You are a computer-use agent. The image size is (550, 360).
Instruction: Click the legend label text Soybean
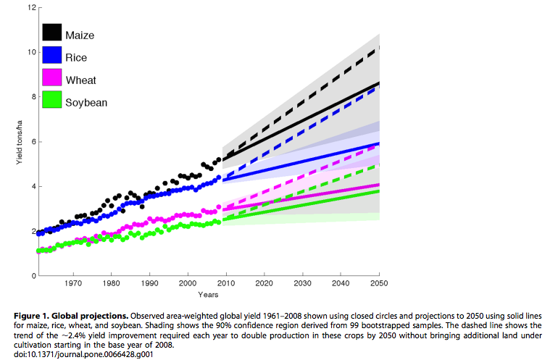click(86, 102)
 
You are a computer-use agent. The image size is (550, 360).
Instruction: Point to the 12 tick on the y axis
click(31, 7)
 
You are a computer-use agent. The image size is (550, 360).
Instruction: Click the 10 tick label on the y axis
click(31, 52)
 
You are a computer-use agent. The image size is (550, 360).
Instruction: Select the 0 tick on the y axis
click(33, 276)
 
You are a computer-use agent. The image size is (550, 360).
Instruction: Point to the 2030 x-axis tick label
click(304, 283)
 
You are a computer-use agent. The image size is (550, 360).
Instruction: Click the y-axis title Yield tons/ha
click(20, 142)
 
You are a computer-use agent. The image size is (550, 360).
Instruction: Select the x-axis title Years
click(207, 295)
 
